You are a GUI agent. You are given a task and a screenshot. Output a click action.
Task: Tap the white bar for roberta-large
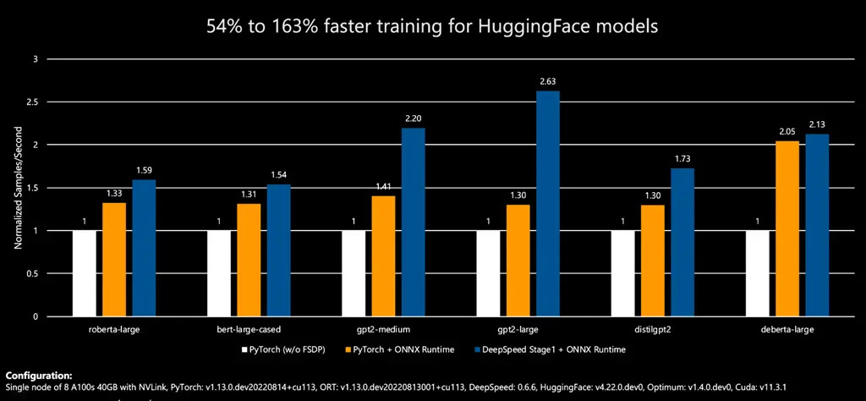click(85, 273)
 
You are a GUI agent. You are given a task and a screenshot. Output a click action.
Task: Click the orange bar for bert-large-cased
click(249, 260)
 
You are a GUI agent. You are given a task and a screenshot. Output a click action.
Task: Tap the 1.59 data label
click(145, 170)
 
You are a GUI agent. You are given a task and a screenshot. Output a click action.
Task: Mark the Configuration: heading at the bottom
click(39, 376)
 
